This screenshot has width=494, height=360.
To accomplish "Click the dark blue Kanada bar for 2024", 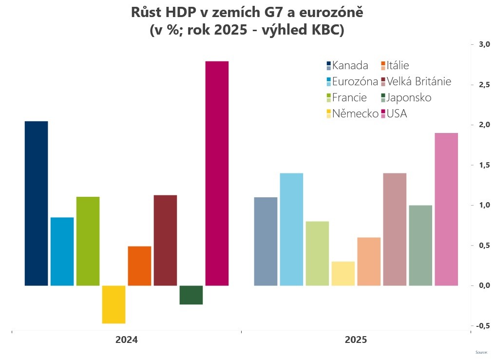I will pos(36,203).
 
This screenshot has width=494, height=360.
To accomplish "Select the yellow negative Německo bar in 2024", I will pos(114,304).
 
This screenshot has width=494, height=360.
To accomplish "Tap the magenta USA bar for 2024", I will pos(217,173).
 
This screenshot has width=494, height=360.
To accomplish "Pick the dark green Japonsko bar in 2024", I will pos(191,295).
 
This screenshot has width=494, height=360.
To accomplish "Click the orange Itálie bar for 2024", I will pos(139,265).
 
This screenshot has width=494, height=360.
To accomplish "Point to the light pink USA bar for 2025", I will pos(446,209).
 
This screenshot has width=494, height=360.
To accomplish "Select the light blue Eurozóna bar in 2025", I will pos(291,229).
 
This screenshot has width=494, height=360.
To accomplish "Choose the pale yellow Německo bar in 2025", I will pos(343,273).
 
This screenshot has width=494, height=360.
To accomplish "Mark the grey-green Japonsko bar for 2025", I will pos(420,245).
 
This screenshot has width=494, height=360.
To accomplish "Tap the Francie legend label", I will pos(349,97).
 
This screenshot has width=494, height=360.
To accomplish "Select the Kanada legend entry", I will pos(350,65).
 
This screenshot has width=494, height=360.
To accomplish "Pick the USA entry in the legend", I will pos(397,114).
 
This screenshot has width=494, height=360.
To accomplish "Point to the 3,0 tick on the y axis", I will pos(483,44).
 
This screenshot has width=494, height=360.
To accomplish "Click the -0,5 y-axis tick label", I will pos(482,325).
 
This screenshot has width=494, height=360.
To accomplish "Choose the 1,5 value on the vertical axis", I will pos(483,165).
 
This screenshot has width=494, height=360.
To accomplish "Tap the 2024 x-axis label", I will pos(126,340).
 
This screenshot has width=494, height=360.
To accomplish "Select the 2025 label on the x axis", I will pos(356,340).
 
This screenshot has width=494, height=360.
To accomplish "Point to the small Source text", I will pos(481,352).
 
